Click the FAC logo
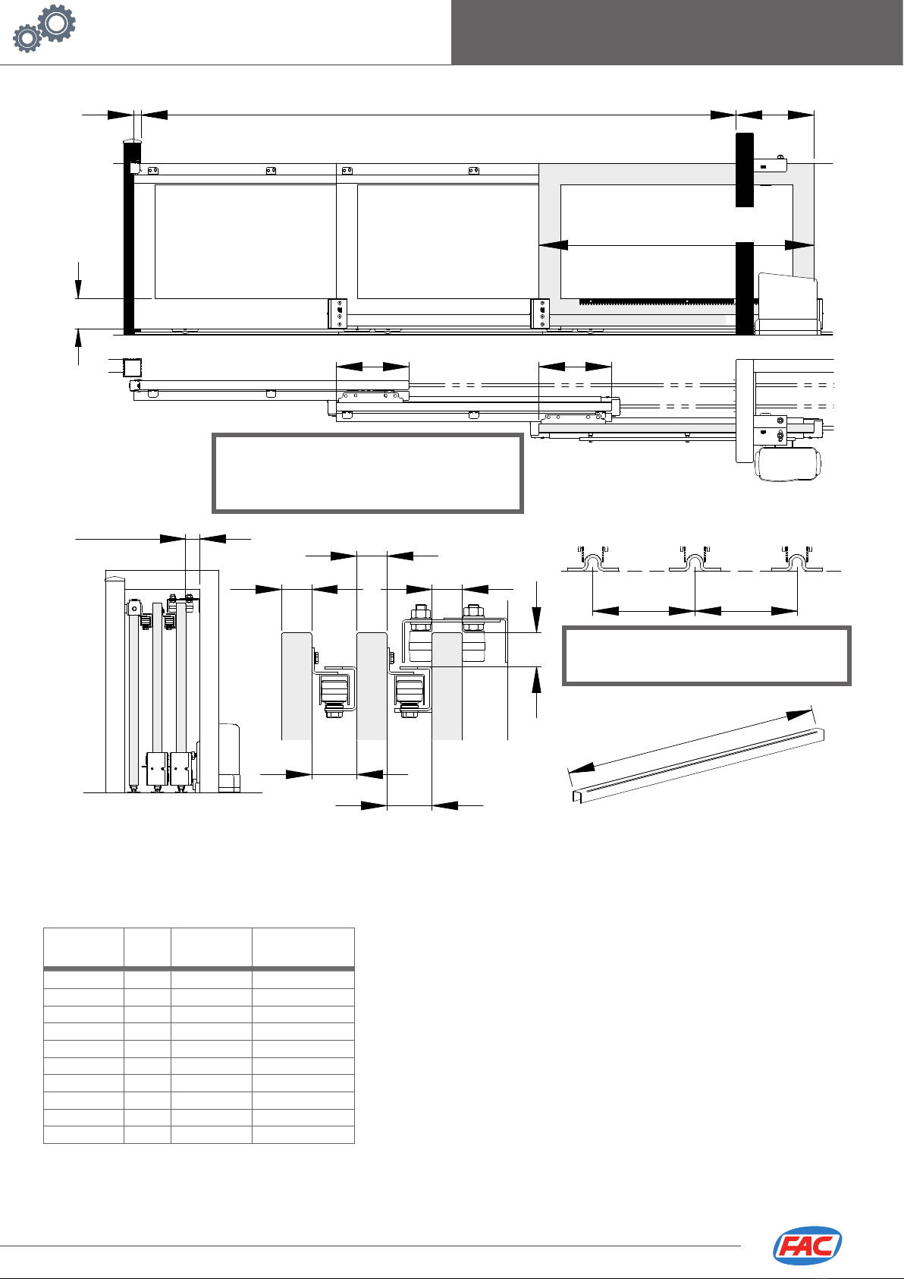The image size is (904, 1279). [x=807, y=1246]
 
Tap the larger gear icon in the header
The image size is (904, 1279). [x=56, y=24]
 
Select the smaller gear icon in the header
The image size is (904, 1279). [x=28, y=38]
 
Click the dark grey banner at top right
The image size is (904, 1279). [x=676, y=32]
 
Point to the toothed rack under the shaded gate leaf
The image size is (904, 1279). [x=657, y=301]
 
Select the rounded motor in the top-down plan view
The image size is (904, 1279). [x=788, y=464]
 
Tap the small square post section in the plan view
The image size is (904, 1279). [x=133, y=367]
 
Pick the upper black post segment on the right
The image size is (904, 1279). [x=744, y=169]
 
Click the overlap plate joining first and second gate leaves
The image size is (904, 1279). [x=337, y=313]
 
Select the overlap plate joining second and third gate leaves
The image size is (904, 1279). [x=539, y=313]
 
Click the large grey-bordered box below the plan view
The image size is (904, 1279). [x=368, y=473]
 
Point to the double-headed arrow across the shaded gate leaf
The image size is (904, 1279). [x=676, y=245]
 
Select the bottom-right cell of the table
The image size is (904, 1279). [x=303, y=1135]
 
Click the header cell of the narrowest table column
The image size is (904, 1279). [x=147, y=947]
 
